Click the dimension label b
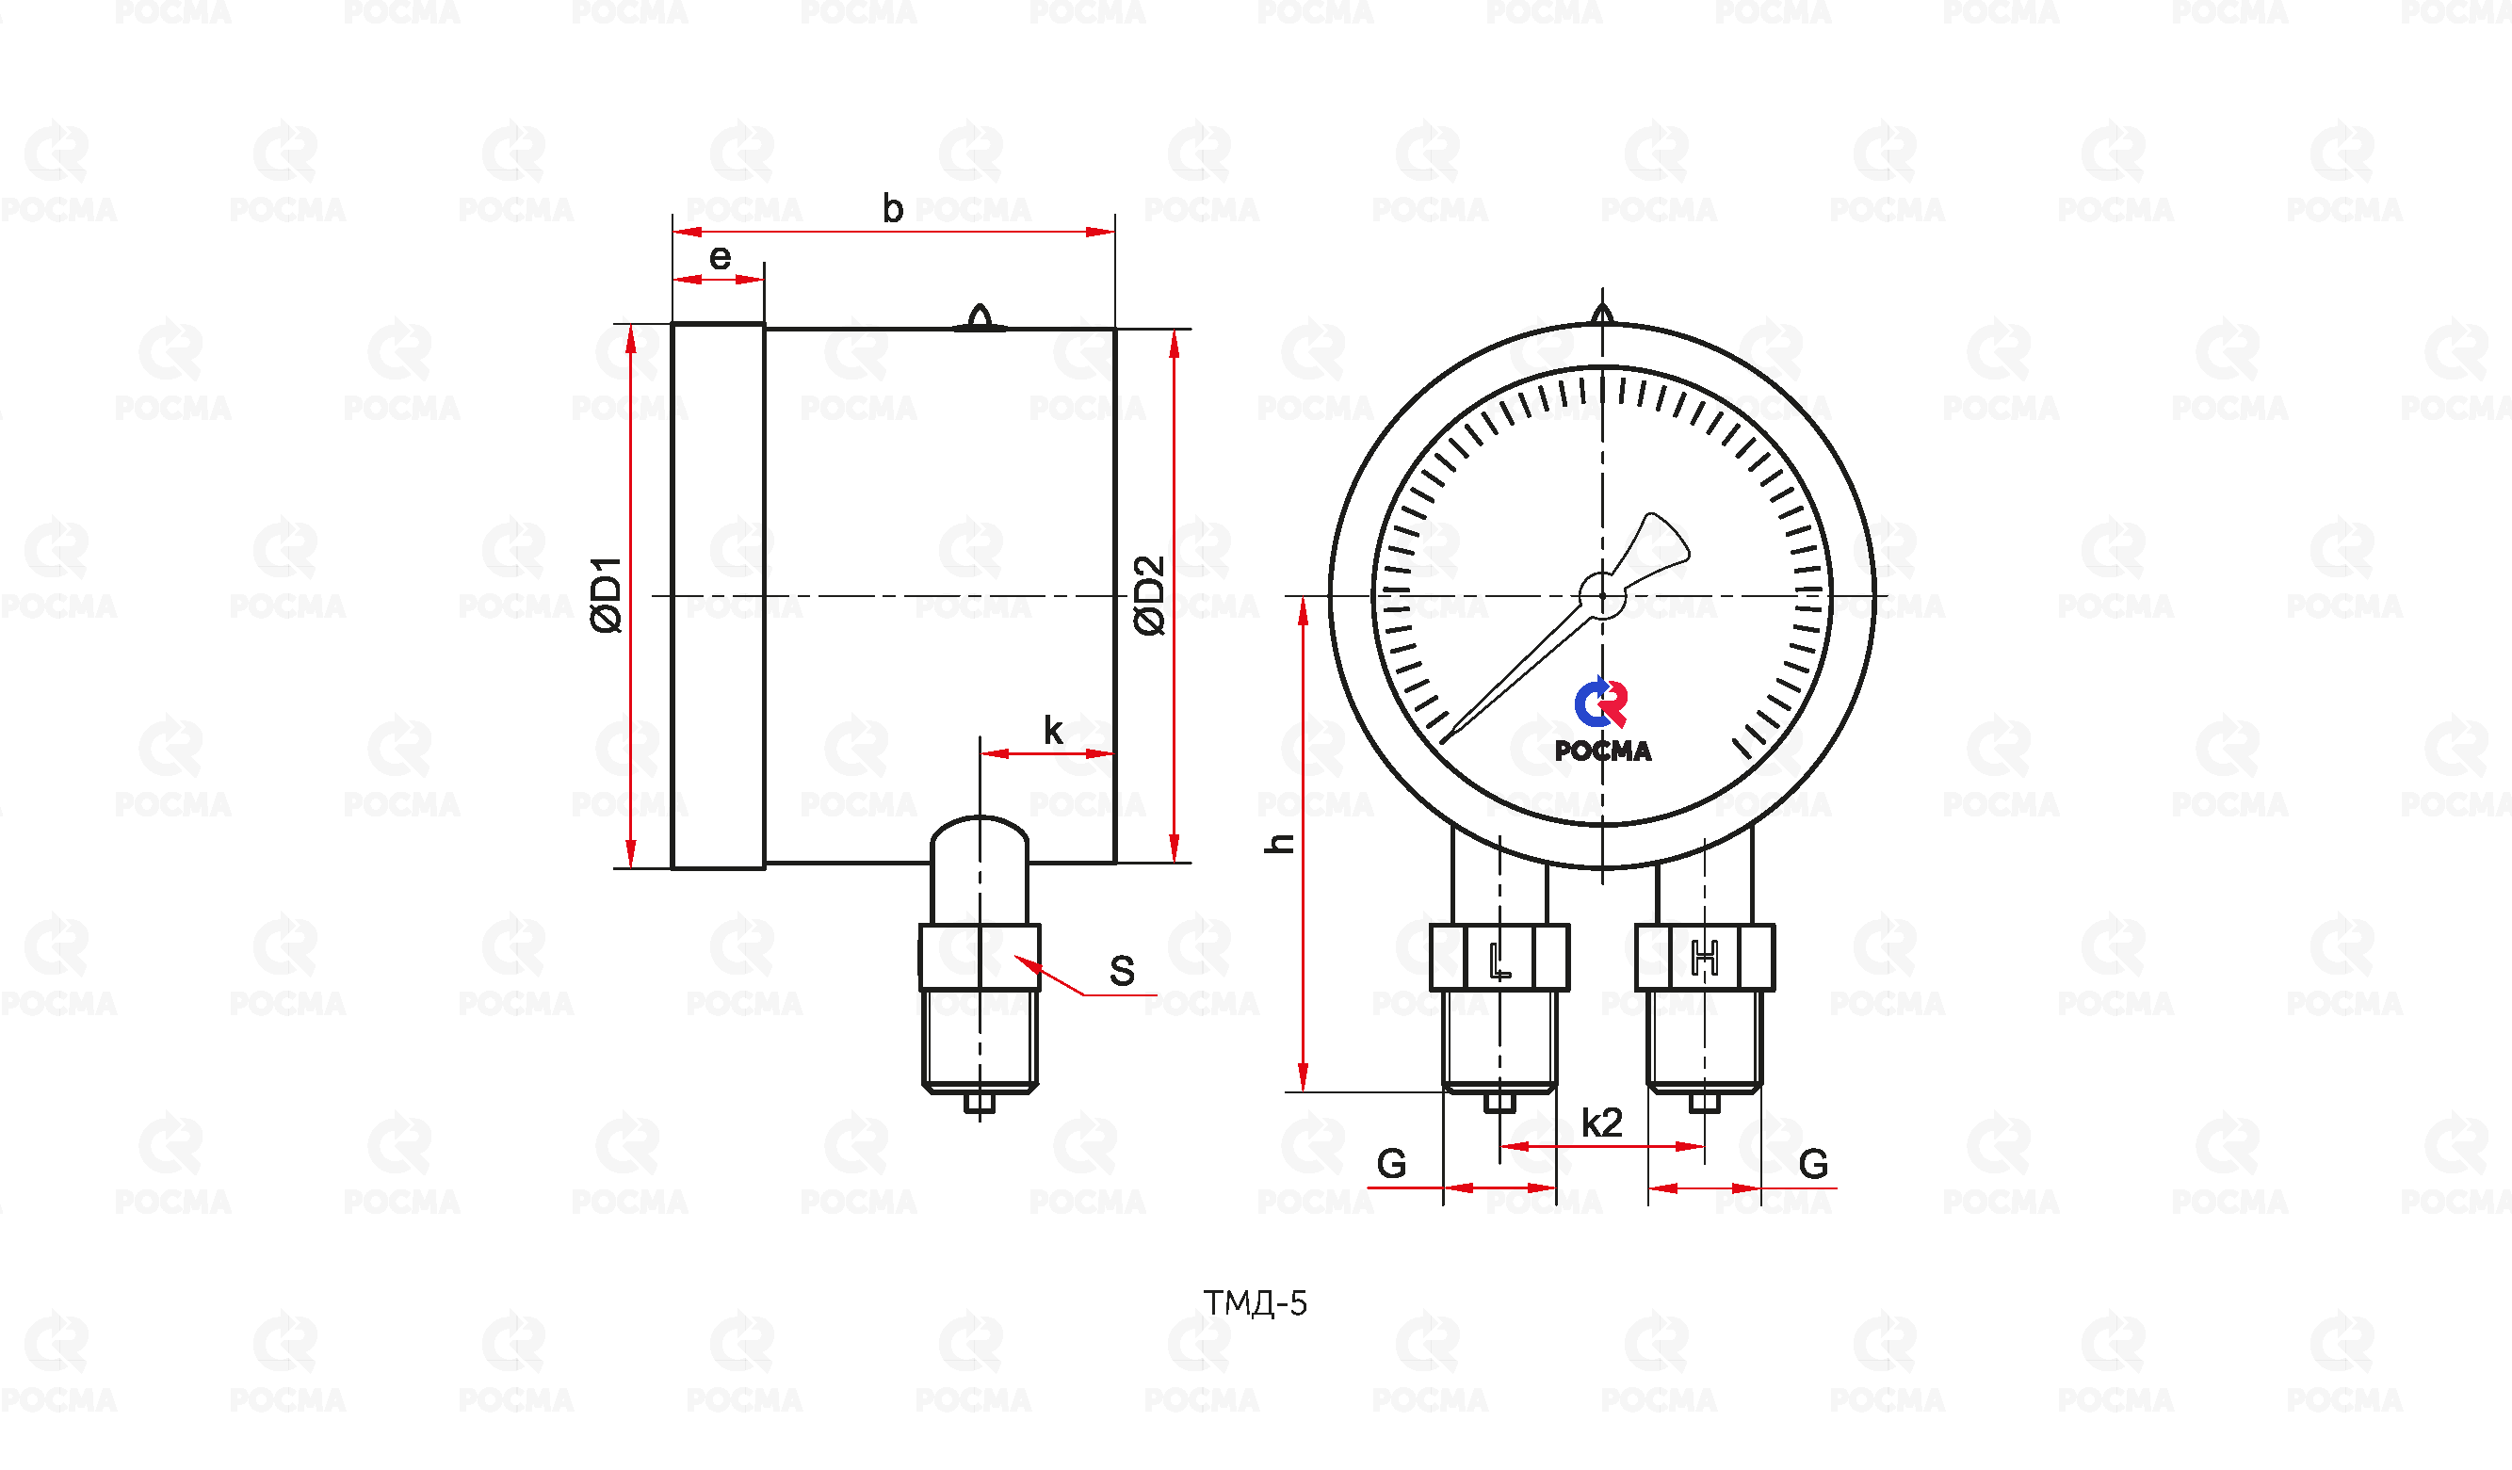(893, 208)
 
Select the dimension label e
(720, 258)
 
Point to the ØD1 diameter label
(606, 595)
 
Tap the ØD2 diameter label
(1149, 595)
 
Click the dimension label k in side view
(1053, 731)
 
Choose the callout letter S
(1123, 971)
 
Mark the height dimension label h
(1279, 844)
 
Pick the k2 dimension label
(1602, 1123)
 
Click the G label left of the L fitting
(1391, 1164)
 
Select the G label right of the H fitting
(1813, 1164)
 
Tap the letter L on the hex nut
(1500, 961)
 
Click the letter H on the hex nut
(1705, 959)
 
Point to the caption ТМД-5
(1255, 1303)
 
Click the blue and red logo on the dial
(1601, 703)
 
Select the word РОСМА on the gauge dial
(1603, 751)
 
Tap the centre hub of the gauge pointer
(1602, 596)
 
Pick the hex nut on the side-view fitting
(979, 958)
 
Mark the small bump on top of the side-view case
(980, 317)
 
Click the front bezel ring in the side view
(719, 596)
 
